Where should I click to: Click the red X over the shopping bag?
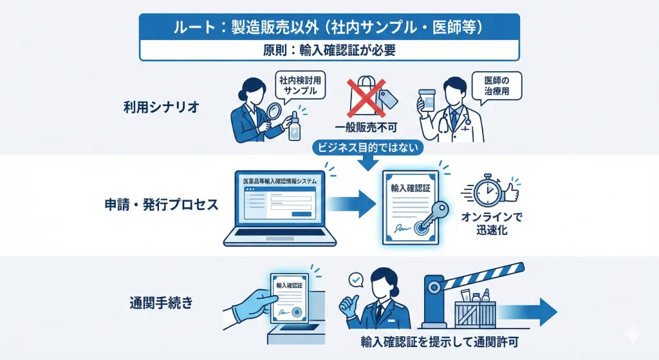click(365, 96)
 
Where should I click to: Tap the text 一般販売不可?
click(365, 128)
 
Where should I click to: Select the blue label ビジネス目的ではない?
click(367, 147)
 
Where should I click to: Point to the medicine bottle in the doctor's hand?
click(425, 102)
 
